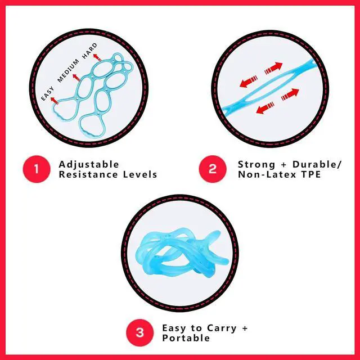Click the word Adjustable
(89, 164)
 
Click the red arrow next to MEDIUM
(76, 76)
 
